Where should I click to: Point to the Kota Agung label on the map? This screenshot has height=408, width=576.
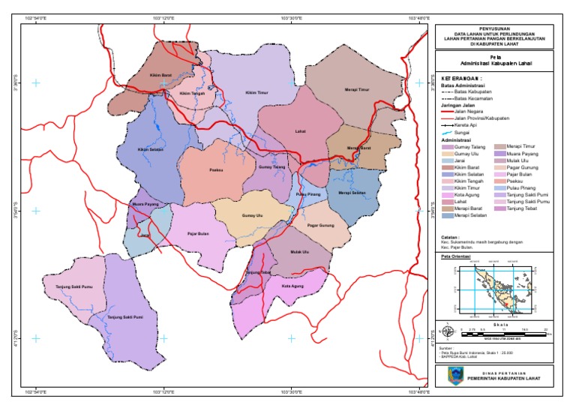point(293,286)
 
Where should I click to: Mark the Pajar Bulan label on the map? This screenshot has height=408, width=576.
point(198,233)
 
